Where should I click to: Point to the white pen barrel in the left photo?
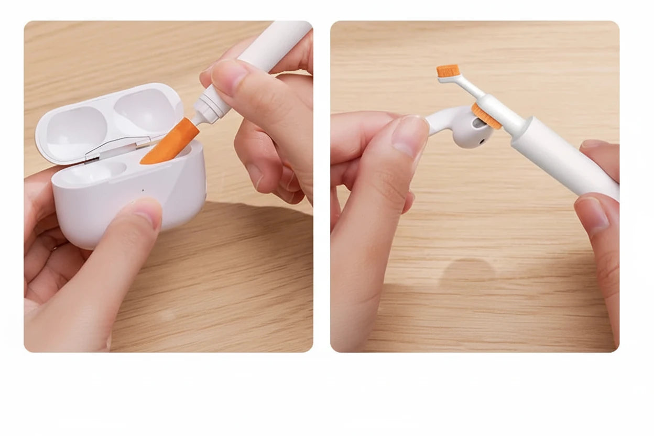pyautogui.click(x=272, y=45)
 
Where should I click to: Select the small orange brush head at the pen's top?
pyautogui.click(x=448, y=71)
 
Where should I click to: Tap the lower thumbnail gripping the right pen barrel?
pyautogui.click(x=591, y=212)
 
